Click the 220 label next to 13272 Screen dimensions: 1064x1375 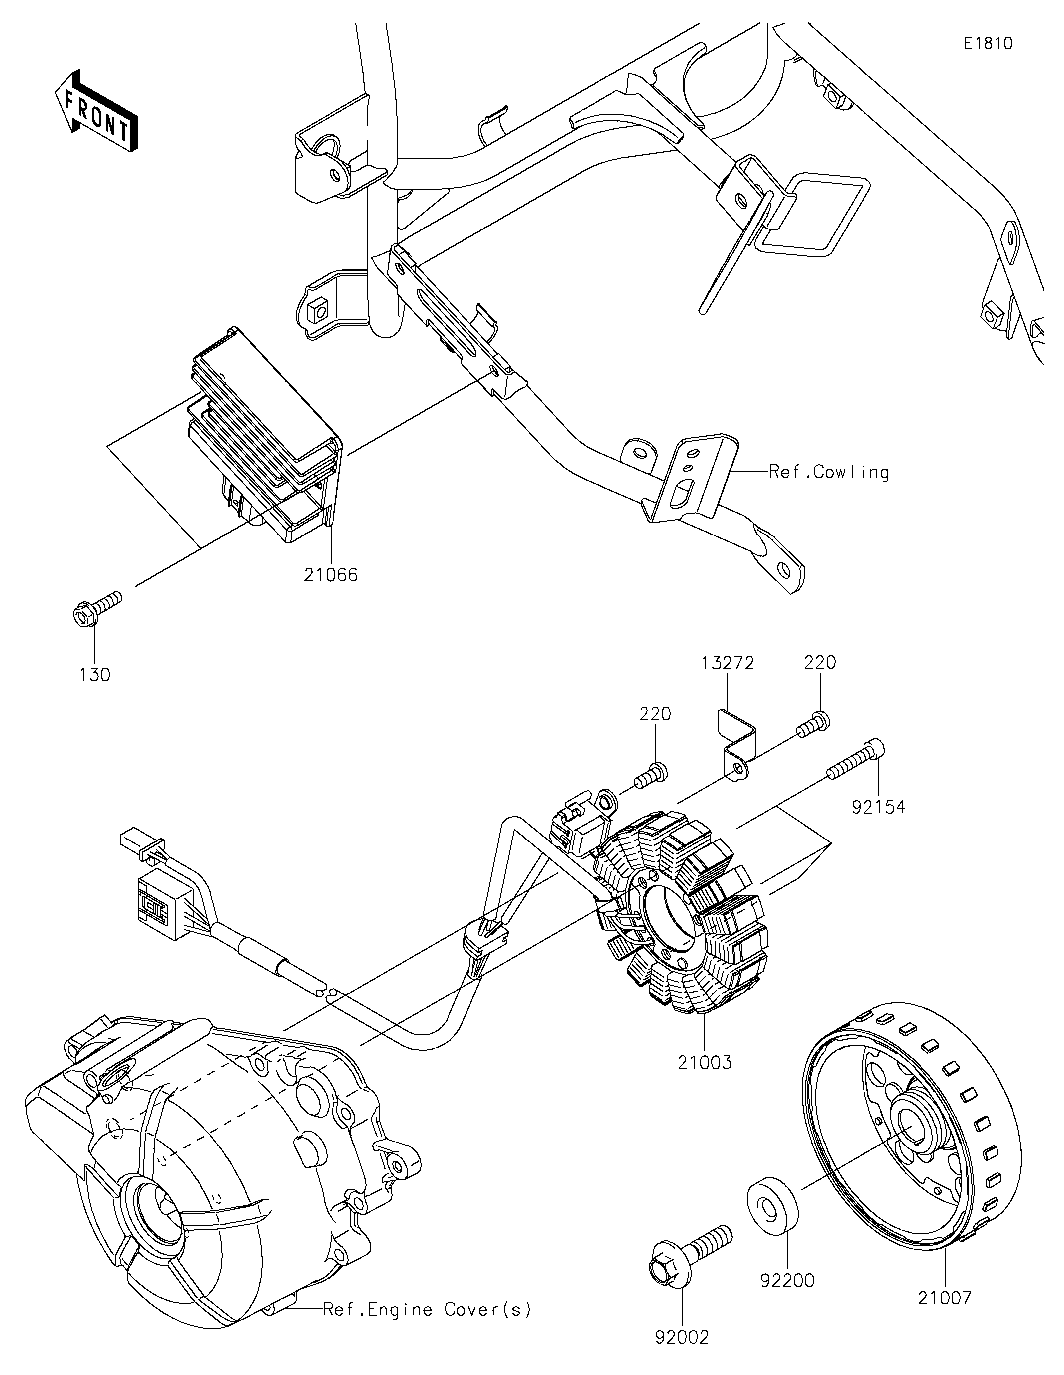click(x=820, y=662)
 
